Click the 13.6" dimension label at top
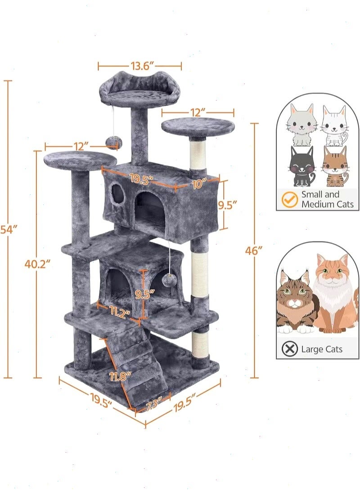140,66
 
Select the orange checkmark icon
289,199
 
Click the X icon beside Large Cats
289,348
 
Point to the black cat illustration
302,167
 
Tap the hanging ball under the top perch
112,142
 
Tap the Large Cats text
322,349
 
